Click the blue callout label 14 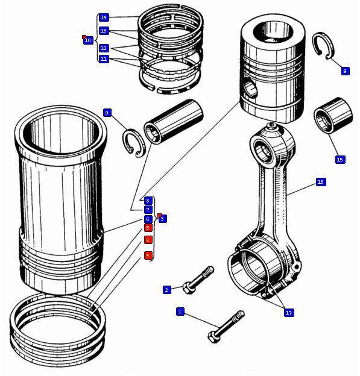[104, 17]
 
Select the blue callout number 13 [104, 31]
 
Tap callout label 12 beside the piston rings [104, 48]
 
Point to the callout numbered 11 [104, 59]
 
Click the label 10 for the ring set [88, 40]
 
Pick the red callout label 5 [148, 228]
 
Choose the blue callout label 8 [148, 201]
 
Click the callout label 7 [148, 210]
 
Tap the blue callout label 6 [148, 219]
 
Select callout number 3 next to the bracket [162, 219]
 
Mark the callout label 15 [340, 160]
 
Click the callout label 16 [320, 182]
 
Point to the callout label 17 [288, 313]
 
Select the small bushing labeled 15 [333, 115]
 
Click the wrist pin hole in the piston [251, 87]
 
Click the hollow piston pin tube [173, 122]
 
